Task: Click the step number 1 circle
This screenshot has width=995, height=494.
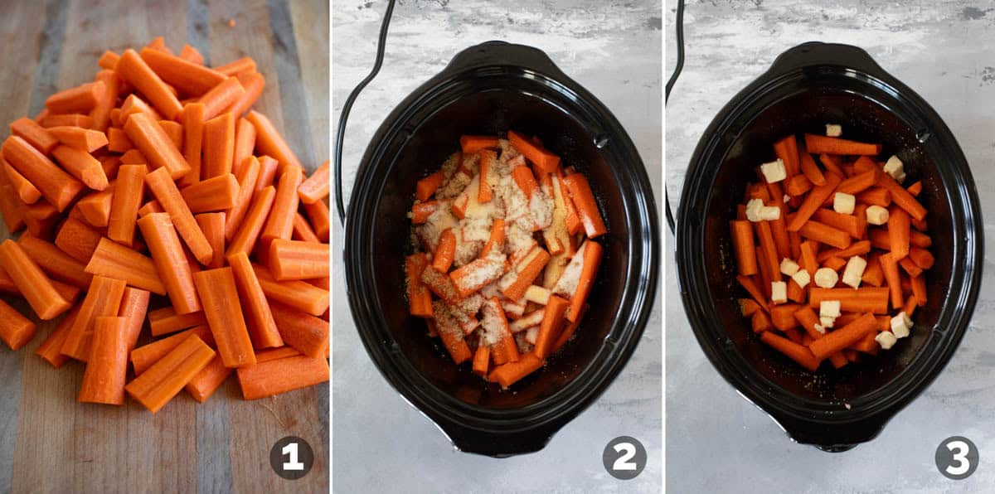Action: coord(292,458)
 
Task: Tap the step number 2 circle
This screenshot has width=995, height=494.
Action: coord(624,458)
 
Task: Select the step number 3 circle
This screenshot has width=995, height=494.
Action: coord(957,458)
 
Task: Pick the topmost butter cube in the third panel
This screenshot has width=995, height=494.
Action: coord(833,130)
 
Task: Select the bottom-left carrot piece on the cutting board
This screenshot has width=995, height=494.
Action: coord(15,324)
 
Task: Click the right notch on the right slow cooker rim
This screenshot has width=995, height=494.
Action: coord(922,134)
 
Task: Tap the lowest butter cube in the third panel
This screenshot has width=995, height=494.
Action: coord(886,340)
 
